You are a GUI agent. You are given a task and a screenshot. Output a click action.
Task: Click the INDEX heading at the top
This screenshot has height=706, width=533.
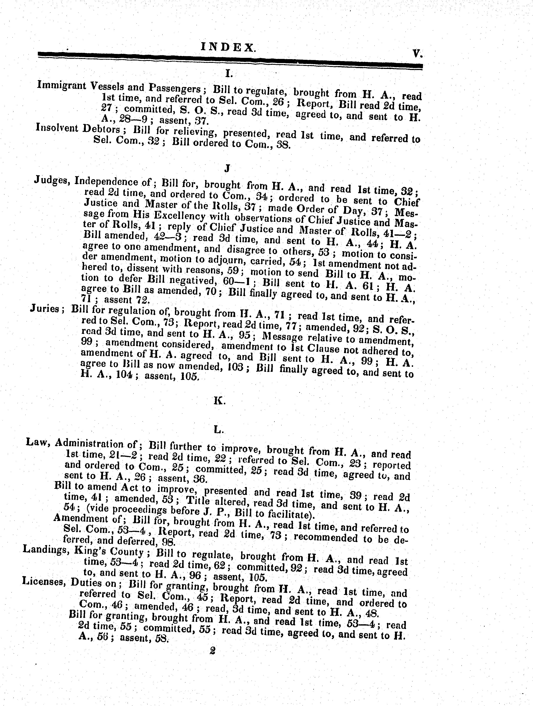(228, 48)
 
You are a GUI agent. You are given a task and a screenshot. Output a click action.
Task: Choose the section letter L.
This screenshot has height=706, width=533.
(218, 430)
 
